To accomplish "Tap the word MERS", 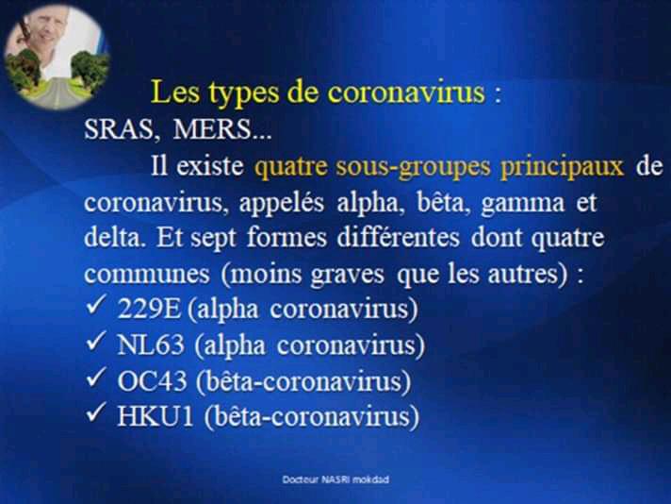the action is point(213,129).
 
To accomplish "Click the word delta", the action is point(113,238).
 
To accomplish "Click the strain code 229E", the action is point(149,308).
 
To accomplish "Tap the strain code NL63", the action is point(151,344).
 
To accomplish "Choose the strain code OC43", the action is point(152,380).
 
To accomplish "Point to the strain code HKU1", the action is point(155,416).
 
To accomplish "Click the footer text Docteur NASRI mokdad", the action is point(335,479).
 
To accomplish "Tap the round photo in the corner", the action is point(56,58).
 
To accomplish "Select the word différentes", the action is point(398,238).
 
